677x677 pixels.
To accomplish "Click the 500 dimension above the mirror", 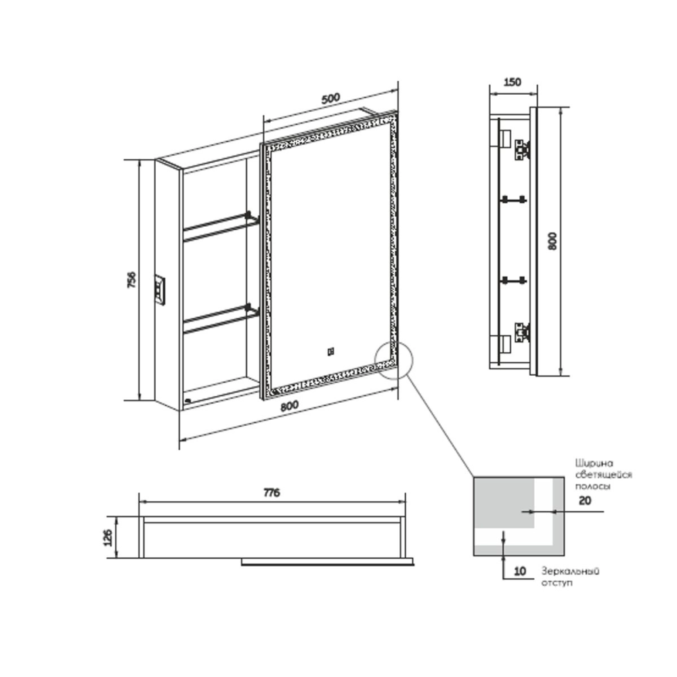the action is pos(331,98).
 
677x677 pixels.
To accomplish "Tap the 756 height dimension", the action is pos(131,280).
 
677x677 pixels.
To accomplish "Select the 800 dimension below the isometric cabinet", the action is pos(289,406).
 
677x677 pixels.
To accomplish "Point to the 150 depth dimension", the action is pos(512,82).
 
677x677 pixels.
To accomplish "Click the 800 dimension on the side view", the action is pos(552,241).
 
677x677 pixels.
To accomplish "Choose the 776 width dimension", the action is pos(271,492).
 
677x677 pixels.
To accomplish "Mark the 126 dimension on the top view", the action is pos(108,538).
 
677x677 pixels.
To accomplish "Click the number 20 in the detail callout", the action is pos(585,501).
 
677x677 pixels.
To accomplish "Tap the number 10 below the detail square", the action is pos(520,571).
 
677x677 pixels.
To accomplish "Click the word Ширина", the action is pos(594,464).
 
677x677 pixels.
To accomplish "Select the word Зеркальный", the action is pos(570,571).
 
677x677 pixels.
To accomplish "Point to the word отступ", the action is pos(557,583).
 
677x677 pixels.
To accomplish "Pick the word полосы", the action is pos(592,486).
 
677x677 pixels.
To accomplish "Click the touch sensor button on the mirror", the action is pos(331,352).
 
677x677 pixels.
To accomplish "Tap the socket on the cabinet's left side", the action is pos(160,290).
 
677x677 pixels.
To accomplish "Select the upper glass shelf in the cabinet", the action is pos(221,227).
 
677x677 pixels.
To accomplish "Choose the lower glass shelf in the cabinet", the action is pos(221,319).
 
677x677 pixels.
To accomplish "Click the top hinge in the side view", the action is pos(523,150).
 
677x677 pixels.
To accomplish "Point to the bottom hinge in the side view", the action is pos(523,332).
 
